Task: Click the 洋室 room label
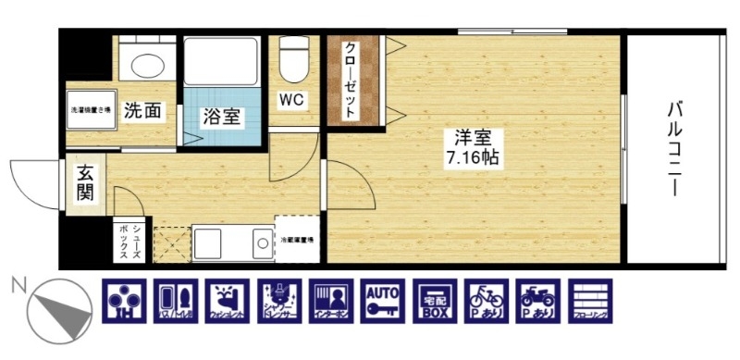[470, 139]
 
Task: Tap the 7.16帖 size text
[472, 158]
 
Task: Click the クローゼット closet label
[351, 80]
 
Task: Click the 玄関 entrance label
[84, 184]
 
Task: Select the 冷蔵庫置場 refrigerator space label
[297, 240]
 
